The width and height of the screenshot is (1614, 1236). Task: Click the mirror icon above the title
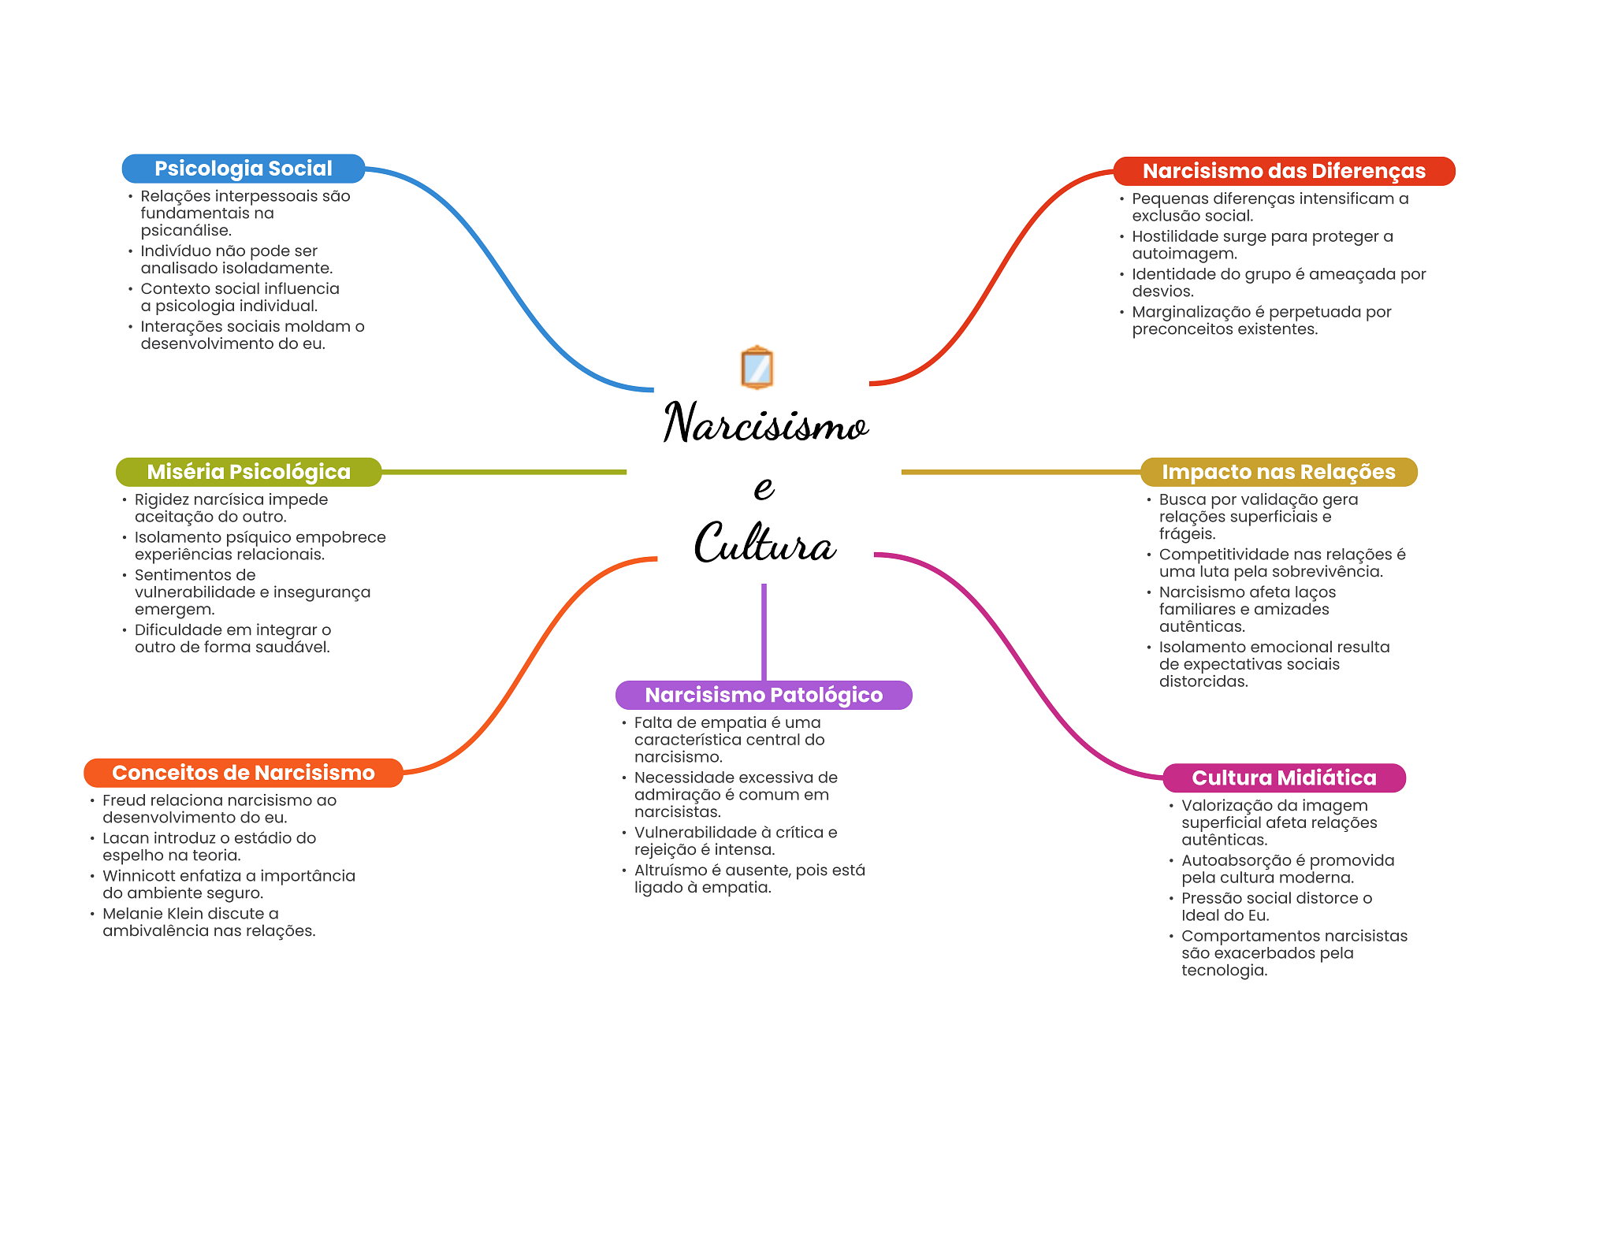point(757,367)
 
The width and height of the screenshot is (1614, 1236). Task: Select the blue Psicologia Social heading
point(244,169)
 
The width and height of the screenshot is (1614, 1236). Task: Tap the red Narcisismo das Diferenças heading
point(1284,171)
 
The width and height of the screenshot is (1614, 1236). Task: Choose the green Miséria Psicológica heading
point(249,472)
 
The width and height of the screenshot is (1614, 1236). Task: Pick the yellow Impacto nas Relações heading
point(1278,472)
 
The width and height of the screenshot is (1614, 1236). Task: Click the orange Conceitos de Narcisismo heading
point(244,773)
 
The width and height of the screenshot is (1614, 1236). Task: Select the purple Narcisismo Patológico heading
point(764,695)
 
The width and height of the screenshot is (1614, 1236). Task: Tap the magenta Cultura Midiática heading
point(1284,778)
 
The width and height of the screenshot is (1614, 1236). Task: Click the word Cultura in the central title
point(764,543)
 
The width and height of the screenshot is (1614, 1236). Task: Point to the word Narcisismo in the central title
point(766,422)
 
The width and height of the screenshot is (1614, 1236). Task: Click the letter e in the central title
point(764,487)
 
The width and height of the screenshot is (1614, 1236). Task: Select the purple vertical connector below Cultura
point(764,632)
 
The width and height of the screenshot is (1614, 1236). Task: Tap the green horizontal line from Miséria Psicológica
point(504,472)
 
